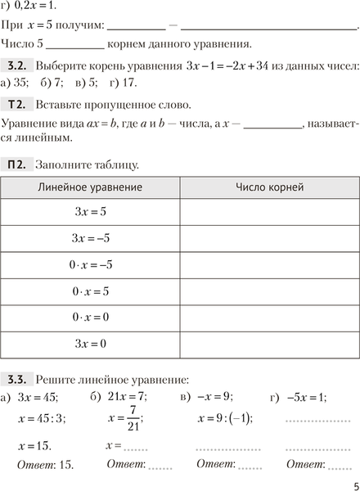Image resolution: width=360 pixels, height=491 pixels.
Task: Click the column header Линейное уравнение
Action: [90, 187]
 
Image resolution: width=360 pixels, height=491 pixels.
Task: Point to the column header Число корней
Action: [269, 187]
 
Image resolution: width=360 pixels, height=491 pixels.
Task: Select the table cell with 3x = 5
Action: [90, 212]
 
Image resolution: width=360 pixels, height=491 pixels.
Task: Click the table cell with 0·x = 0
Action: [90, 317]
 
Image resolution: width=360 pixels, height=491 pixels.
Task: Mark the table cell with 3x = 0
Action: [90, 344]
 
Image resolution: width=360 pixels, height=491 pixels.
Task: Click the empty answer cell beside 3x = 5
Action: [269, 212]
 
